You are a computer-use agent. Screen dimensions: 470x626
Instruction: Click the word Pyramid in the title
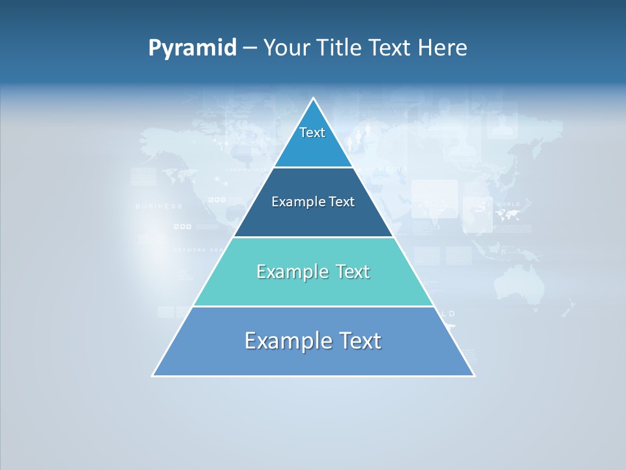point(192,48)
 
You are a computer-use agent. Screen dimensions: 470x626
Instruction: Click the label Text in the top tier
point(312,133)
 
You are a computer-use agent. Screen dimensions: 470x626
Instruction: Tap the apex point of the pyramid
point(314,99)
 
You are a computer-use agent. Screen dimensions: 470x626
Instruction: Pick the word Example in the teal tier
point(289,272)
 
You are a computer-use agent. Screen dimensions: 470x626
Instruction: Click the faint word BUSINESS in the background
point(158,206)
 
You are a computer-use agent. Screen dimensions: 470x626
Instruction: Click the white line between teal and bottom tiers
point(313,306)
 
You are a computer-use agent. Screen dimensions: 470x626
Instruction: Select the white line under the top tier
point(313,168)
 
